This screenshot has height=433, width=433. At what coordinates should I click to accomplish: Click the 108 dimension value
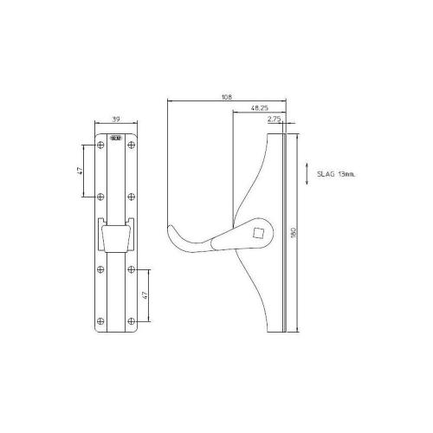click(x=227, y=98)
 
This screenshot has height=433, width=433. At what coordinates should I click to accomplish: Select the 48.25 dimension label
click(x=257, y=108)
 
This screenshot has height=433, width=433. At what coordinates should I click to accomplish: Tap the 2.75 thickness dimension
click(x=275, y=119)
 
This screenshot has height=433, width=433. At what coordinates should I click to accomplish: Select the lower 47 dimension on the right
click(x=145, y=295)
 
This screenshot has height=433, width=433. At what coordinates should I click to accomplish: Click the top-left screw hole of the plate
click(x=100, y=144)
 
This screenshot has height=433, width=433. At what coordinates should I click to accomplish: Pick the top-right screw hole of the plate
click(x=131, y=144)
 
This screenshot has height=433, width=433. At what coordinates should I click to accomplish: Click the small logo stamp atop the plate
click(x=115, y=137)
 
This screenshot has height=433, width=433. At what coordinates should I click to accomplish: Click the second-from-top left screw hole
click(x=100, y=196)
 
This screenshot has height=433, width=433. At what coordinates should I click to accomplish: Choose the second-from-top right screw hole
click(x=131, y=196)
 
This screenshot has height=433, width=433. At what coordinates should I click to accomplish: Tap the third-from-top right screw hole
click(x=131, y=270)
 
